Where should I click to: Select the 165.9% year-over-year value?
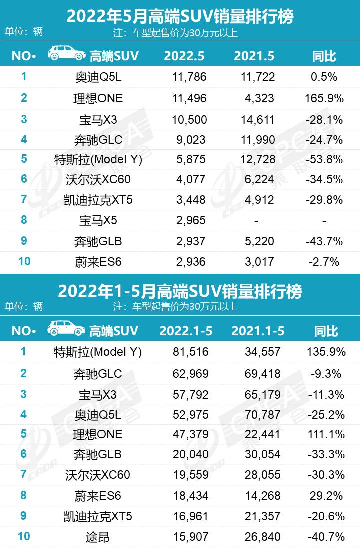click(x=324, y=98)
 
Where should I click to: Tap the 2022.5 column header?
click(x=184, y=56)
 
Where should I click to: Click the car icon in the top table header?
click(x=66, y=54)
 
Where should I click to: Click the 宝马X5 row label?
click(x=98, y=220)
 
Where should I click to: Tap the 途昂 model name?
click(x=98, y=537)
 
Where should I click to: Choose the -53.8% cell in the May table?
click(x=324, y=159)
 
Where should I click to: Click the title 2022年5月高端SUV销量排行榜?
click(x=180, y=16)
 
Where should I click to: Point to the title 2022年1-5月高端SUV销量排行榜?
click(x=180, y=291)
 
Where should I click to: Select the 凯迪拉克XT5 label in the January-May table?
click(x=98, y=516)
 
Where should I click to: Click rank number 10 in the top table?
click(x=24, y=261)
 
